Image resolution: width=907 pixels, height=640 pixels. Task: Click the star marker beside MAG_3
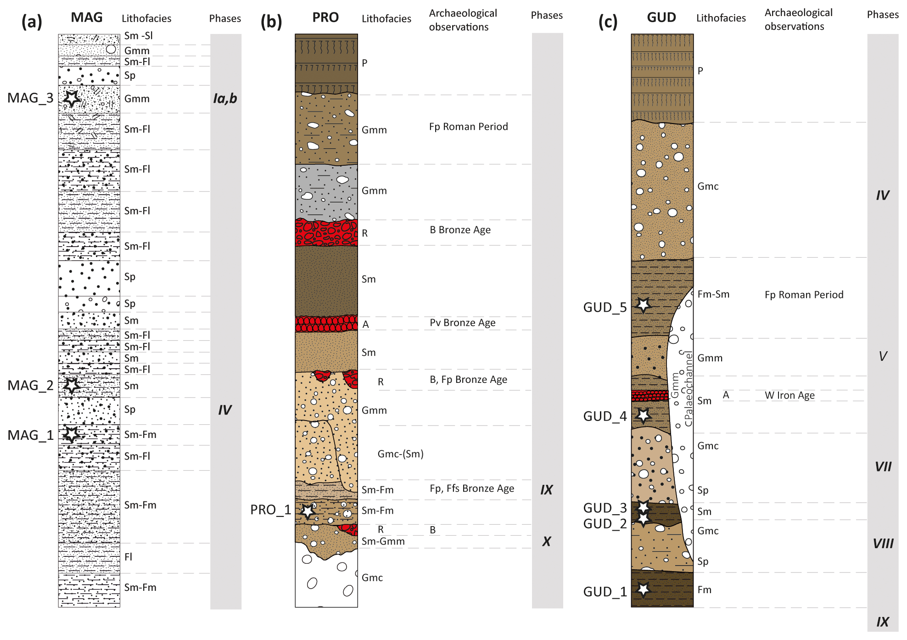coord(72,98)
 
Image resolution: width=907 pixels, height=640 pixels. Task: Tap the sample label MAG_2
coord(30,386)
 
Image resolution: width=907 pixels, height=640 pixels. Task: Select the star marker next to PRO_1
coord(308,511)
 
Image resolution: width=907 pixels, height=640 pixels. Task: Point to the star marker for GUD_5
coord(643,304)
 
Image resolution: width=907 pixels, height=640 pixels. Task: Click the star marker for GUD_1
coord(643,589)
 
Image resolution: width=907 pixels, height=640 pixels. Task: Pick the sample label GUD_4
coord(605,416)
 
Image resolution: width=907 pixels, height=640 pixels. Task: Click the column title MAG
coord(87,17)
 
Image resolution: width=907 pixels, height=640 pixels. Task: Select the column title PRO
coord(325,17)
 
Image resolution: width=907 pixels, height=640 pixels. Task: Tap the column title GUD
coord(661,17)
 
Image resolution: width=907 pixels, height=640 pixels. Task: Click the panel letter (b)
coord(271,21)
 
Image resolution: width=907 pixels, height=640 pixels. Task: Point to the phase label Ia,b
coord(225,98)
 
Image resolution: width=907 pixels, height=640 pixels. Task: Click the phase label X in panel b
coord(546,541)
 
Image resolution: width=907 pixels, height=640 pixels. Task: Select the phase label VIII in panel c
coord(883,544)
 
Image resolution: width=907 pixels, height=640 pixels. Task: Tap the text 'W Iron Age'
coord(789,395)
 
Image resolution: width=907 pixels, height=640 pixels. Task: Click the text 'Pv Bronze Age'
coord(462,323)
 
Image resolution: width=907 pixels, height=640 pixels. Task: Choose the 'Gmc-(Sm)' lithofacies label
coord(400,454)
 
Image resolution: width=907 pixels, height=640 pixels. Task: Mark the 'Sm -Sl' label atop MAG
coord(138,36)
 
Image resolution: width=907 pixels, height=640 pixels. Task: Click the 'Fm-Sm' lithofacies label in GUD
coord(713,294)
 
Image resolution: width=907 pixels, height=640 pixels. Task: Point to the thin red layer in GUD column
coord(649,395)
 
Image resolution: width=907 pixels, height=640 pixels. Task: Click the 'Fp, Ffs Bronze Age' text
coord(471,488)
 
